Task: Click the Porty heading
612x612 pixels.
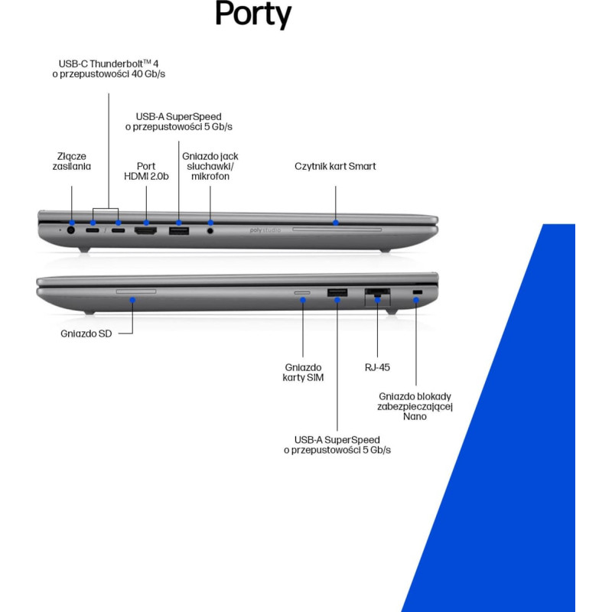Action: (x=253, y=14)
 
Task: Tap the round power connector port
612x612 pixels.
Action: (x=71, y=230)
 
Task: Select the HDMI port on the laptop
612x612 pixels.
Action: (x=145, y=231)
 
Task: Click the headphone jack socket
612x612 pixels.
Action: (x=210, y=231)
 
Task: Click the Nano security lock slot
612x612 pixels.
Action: (x=417, y=292)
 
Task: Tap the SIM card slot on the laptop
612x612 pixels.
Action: (x=302, y=292)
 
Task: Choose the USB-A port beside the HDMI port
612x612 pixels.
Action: (x=179, y=231)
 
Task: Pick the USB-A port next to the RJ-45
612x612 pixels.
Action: (x=337, y=292)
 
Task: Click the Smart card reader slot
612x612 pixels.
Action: (x=337, y=229)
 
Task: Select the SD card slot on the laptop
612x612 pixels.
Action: (x=136, y=291)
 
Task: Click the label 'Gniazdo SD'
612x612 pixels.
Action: (x=86, y=334)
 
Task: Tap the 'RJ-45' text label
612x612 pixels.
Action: (x=377, y=367)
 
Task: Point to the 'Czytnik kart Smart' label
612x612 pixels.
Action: (x=335, y=166)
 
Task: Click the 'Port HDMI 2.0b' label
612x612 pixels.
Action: (x=146, y=171)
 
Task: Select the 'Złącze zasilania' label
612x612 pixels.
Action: (x=71, y=161)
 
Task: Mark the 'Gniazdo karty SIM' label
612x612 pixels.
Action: (x=303, y=373)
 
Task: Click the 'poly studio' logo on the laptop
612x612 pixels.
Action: (x=265, y=230)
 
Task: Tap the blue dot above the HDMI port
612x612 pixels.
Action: (x=146, y=223)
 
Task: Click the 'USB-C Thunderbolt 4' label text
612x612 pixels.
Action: (x=109, y=63)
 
